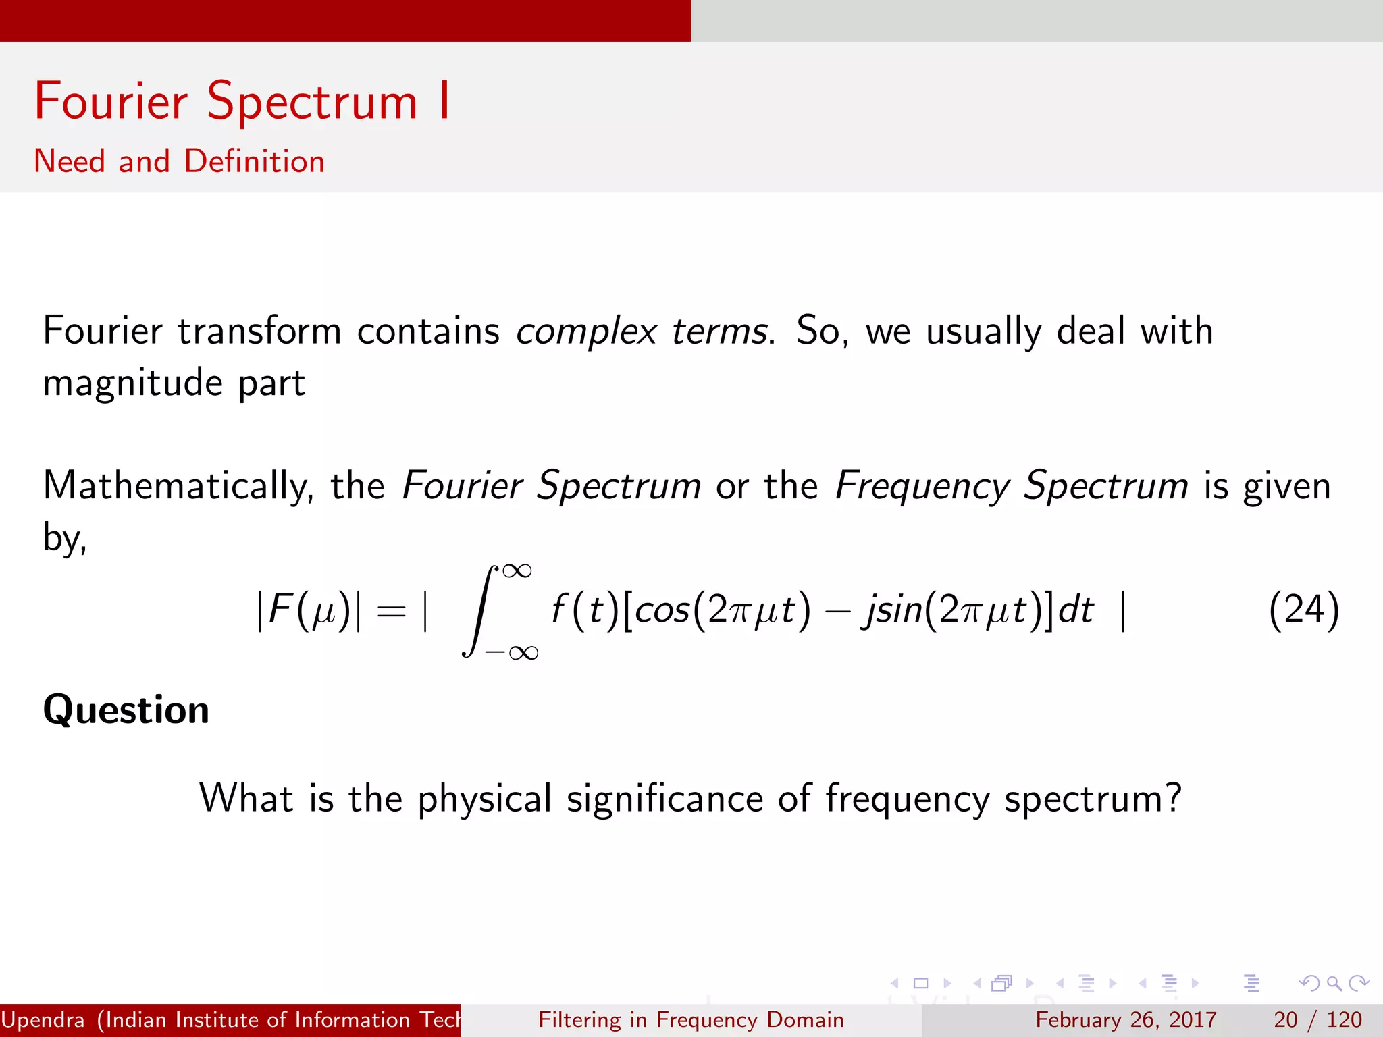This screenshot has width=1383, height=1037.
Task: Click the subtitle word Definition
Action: click(x=255, y=162)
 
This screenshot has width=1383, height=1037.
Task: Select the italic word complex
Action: click(x=586, y=331)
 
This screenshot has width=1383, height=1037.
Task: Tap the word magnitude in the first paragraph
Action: click(x=133, y=383)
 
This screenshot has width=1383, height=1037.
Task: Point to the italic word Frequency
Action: click(x=922, y=486)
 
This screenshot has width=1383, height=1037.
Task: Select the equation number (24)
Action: click(x=1303, y=610)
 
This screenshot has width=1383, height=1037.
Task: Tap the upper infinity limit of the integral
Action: click(x=517, y=571)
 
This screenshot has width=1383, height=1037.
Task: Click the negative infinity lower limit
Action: click(x=512, y=652)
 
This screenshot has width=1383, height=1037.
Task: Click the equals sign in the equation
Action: click(x=392, y=612)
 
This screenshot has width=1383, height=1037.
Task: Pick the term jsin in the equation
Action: click(x=891, y=610)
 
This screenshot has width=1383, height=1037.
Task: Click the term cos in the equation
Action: click(x=662, y=610)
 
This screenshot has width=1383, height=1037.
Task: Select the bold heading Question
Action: click(x=126, y=710)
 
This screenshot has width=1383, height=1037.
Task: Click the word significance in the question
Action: click(x=664, y=799)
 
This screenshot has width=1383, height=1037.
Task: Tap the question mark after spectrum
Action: click(x=1173, y=797)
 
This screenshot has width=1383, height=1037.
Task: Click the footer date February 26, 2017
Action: click(x=1126, y=1019)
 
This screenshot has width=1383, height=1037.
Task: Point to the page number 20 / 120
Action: click(x=1317, y=1019)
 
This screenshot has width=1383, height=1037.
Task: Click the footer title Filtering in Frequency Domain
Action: click(x=691, y=1019)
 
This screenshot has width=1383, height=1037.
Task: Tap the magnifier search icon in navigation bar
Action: click(x=1334, y=983)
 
